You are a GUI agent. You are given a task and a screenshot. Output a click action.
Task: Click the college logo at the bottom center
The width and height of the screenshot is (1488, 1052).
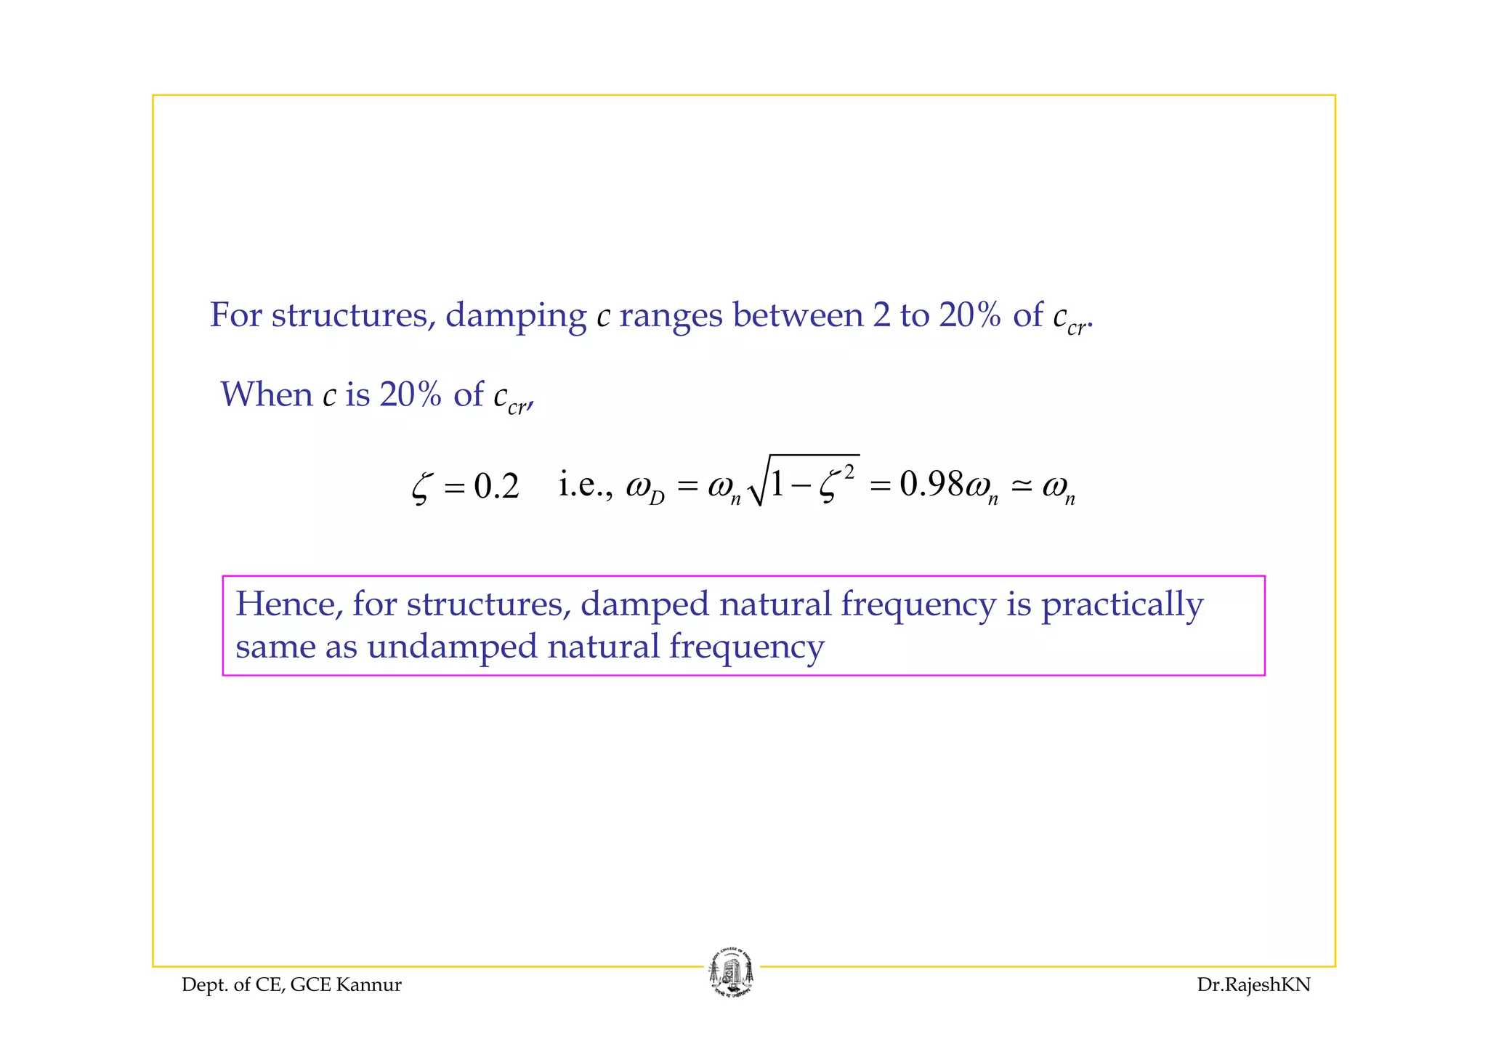pyautogui.click(x=731, y=974)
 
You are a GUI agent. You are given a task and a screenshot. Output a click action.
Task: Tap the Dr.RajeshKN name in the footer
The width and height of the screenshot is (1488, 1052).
pyautogui.click(x=1253, y=985)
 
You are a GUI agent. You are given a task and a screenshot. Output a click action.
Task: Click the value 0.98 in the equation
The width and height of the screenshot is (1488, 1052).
pyautogui.click(x=931, y=484)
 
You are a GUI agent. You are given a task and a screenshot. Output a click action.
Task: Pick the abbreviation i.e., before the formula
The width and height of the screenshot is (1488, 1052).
pyautogui.click(x=586, y=484)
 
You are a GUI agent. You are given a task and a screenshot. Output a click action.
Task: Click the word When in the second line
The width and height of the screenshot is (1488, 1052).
pyautogui.click(x=267, y=394)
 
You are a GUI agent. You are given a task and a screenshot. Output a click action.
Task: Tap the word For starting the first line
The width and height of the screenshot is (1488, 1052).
pyautogui.click(x=235, y=315)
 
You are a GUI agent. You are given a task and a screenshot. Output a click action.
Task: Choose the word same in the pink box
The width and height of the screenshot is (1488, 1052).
pyautogui.click(x=275, y=647)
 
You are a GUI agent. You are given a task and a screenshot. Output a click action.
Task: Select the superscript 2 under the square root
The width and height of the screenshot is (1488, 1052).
pyautogui.click(x=849, y=472)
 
